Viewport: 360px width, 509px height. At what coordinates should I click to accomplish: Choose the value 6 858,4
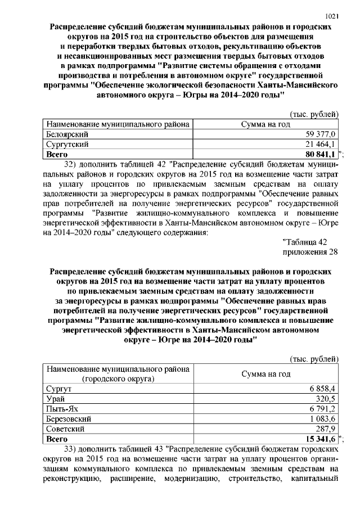[x=323, y=389]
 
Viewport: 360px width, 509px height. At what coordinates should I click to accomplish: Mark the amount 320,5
[x=326, y=399]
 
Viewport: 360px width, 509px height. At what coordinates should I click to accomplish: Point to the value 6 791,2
[x=323, y=409]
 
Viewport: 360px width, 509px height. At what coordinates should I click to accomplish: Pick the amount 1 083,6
[x=323, y=418]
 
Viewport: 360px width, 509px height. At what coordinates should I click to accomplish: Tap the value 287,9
[x=326, y=429]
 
